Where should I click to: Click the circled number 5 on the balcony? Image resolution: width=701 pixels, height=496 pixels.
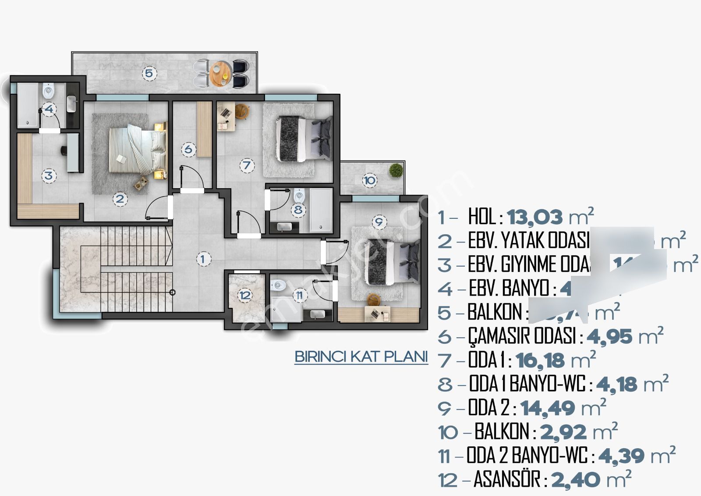pyautogui.click(x=149, y=73)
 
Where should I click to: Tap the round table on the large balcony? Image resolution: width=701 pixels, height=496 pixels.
pyautogui.click(x=220, y=73)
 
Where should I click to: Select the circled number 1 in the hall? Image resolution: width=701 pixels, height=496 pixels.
pyautogui.click(x=202, y=259)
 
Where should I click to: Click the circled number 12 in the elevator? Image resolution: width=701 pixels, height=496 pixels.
pyautogui.click(x=245, y=295)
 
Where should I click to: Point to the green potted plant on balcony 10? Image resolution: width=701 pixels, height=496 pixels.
pyautogui.click(x=396, y=170)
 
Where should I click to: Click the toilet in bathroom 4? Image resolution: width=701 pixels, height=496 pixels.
pyautogui.click(x=48, y=92)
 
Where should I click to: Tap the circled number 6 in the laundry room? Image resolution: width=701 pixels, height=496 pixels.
pyautogui.click(x=188, y=149)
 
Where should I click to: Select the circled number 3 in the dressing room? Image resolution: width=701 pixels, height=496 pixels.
pyautogui.click(x=49, y=176)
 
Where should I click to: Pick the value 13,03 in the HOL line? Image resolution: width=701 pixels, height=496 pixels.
pyautogui.click(x=535, y=217)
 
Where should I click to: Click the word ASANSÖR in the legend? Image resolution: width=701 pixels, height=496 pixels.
pyautogui.click(x=506, y=479)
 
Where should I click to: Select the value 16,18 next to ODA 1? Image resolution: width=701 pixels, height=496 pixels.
pyautogui.click(x=540, y=360)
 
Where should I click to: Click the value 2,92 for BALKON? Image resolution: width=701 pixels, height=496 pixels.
pyautogui.click(x=563, y=432)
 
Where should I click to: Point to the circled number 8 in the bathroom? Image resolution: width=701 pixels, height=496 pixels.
pyautogui.click(x=298, y=210)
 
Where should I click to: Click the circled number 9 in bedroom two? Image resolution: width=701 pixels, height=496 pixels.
pyautogui.click(x=379, y=222)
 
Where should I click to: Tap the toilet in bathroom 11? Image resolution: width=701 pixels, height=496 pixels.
pyautogui.click(x=278, y=285)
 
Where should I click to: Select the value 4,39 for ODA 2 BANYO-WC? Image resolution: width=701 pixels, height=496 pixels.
pyautogui.click(x=621, y=456)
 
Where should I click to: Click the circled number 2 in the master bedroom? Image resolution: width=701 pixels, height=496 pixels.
pyautogui.click(x=120, y=199)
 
